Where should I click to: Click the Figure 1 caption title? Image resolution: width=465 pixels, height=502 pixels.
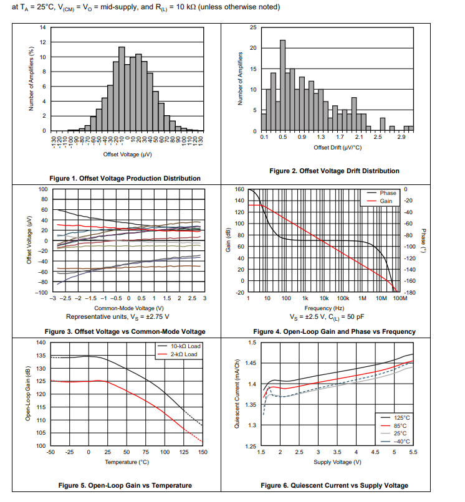[x=125, y=178]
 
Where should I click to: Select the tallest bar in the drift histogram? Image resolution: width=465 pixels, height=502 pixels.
[x=282, y=85]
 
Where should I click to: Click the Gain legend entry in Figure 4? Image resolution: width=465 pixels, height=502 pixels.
[x=386, y=201]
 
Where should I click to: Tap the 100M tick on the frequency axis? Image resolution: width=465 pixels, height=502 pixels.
[x=400, y=298]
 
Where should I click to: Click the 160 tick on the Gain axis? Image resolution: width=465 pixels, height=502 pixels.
[x=239, y=189]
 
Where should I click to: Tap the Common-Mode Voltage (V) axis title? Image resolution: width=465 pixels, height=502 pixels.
[x=130, y=308]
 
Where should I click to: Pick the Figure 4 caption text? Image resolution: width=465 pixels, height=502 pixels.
[x=334, y=331]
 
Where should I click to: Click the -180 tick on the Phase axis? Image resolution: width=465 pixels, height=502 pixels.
[x=410, y=292]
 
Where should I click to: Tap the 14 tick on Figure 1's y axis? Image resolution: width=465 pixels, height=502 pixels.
[x=43, y=27]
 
